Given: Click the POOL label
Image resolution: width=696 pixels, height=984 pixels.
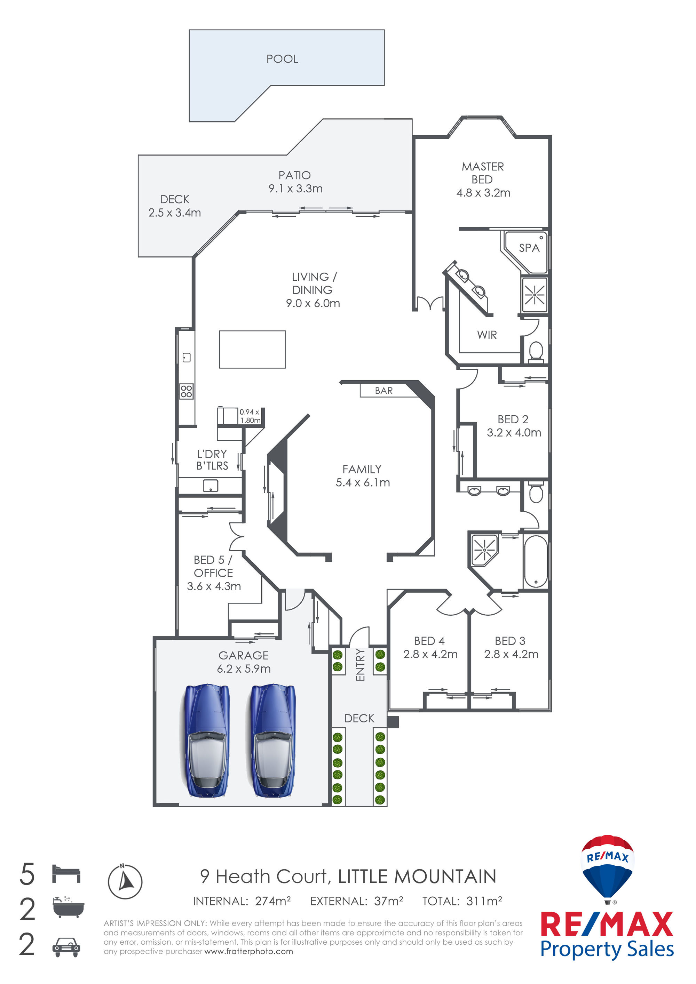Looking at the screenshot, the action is click(x=282, y=59).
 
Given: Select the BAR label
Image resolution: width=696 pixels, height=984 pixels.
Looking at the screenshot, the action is click(x=383, y=390).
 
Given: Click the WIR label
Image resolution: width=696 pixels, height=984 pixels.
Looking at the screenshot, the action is click(x=487, y=335).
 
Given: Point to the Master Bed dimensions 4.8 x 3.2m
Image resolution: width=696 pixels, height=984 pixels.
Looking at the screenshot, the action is click(x=483, y=193).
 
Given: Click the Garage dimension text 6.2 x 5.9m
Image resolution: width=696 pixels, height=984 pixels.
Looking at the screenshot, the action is click(x=244, y=669).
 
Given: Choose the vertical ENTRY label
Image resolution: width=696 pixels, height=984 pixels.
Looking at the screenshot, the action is click(x=360, y=665).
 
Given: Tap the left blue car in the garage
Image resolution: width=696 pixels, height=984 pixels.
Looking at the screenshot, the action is click(x=207, y=741).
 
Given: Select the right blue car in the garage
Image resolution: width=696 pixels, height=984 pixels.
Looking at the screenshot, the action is click(x=273, y=741).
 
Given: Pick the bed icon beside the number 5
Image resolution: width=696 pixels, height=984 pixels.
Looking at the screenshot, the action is click(x=66, y=873).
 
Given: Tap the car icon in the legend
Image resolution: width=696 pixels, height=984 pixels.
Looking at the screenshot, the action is click(x=66, y=947).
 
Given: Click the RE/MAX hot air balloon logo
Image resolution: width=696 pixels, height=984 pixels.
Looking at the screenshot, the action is click(x=607, y=869).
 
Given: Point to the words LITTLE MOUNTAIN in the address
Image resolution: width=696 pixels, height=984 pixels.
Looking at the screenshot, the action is click(x=417, y=877).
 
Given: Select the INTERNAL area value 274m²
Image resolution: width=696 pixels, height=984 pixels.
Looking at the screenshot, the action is click(x=273, y=901).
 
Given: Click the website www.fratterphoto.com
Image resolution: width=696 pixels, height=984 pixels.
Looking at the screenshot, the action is click(x=249, y=951).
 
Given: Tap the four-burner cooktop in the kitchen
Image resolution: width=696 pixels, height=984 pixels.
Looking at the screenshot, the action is click(x=186, y=391).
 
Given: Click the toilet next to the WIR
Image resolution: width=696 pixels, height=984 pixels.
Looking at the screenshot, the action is click(x=536, y=351).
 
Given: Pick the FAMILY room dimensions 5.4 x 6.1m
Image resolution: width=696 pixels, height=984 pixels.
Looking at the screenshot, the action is click(x=363, y=482).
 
